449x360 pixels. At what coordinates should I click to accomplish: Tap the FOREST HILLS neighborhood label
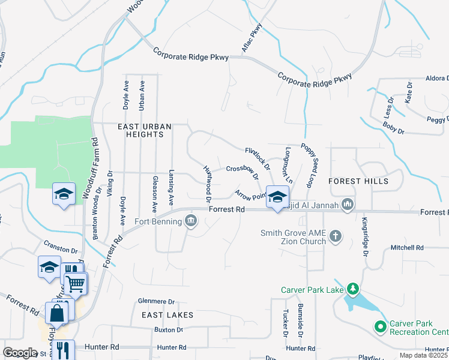click(x=358, y=181)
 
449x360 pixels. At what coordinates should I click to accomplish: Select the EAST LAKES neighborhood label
click(x=167, y=315)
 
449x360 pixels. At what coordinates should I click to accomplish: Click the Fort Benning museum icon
click(x=191, y=221)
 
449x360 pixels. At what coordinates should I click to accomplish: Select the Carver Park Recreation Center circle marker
click(x=380, y=328)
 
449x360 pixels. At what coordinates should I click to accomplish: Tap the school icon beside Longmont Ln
click(x=277, y=197)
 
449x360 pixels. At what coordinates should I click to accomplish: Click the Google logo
click(x=20, y=353)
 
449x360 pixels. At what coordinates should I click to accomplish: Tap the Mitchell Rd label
click(x=407, y=247)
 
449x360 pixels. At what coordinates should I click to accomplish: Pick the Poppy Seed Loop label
click(x=309, y=166)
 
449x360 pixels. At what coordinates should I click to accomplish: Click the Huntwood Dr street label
click(x=207, y=183)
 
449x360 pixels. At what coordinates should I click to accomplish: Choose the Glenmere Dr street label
click(x=155, y=302)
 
